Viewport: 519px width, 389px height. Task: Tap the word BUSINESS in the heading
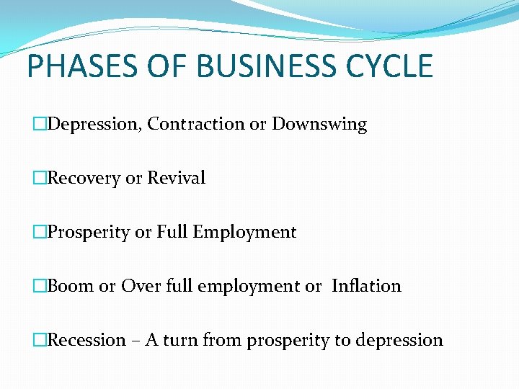pyautogui.click(x=260, y=66)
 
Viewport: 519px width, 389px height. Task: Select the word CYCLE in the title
pyautogui.click(x=389, y=66)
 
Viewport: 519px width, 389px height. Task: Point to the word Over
pyautogui.click(x=137, y=286)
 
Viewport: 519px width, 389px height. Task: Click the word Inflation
pyautogui.click(x=366, y=286)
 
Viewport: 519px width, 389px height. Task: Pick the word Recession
pyautogui.click(x=86, y=340)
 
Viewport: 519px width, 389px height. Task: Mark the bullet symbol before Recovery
pyautogui.click(x=40, y=178)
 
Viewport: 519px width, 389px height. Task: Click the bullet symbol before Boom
pyautogui.click(x=40, y=286)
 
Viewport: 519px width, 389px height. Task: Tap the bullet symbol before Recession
pyautogui.click(x=40, y=340)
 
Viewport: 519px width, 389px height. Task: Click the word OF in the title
pyautogui.click(x=161, y=66)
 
